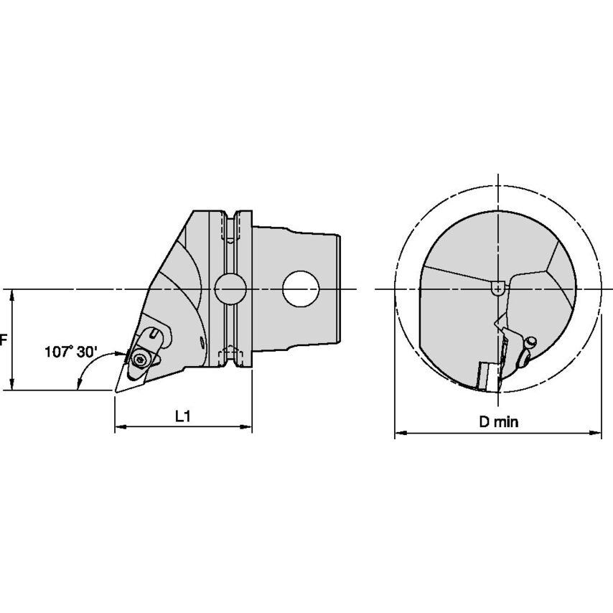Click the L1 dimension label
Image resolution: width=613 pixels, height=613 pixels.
point(182,417)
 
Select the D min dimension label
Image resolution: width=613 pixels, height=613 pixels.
point(499,422)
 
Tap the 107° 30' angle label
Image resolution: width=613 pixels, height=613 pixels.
point(70,352)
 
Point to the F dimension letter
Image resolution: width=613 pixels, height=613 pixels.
point(4,340)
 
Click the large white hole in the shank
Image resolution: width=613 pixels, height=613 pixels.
point(301,289)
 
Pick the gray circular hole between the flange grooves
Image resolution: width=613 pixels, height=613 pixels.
point(230,289)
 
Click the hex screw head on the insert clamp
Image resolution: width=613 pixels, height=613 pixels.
point(139,359)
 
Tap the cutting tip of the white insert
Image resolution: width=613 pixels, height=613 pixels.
point(116,391)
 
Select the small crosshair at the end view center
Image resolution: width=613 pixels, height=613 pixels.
point(497,289)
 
